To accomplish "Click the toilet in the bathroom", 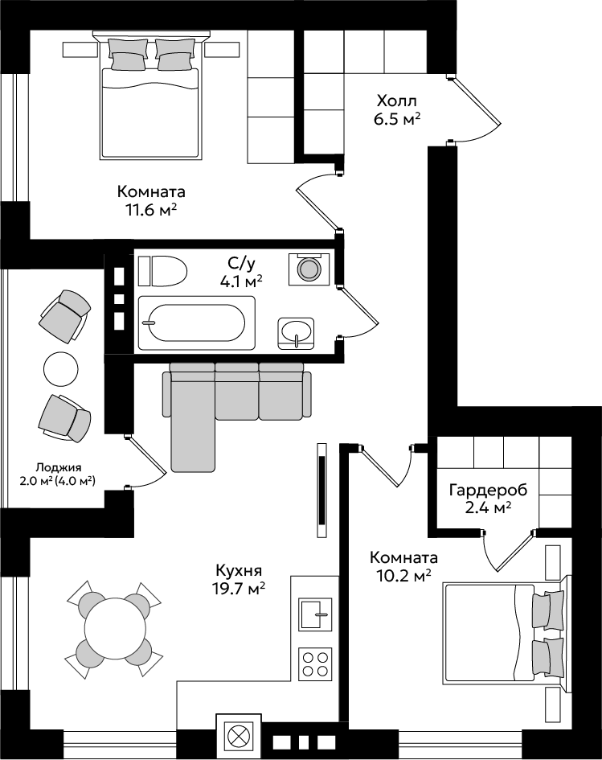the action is [162, 271].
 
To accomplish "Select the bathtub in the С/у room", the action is [197, 322].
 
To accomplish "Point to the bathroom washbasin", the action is [296, 334].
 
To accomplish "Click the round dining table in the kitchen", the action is [114, 629].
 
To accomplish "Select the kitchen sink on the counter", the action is [315, 614].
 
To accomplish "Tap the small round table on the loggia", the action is [60, 368].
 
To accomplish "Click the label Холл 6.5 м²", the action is [397, 110].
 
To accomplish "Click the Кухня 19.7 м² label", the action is [240, 578].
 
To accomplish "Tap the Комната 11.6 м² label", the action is [151, 200].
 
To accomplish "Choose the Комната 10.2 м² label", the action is [403, 566].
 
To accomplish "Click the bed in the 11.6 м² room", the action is [151, 95].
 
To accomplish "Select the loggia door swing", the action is [145, 462].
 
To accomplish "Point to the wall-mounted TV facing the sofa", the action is [321, 490].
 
